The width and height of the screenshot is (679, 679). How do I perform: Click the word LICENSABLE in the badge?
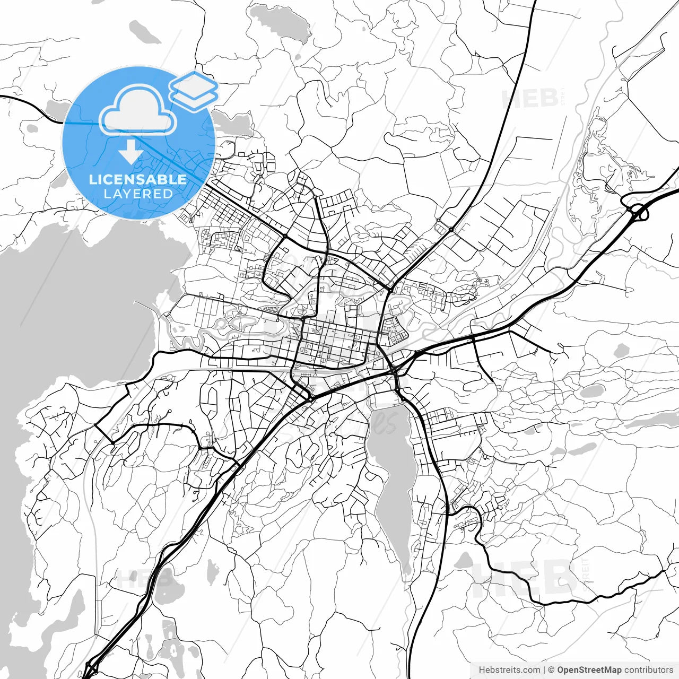coord(138,179)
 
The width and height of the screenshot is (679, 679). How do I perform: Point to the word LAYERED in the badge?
coord(138,194)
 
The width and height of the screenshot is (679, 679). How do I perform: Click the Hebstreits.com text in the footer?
coord(509,670)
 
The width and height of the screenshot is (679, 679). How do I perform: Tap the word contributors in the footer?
coord(648,670)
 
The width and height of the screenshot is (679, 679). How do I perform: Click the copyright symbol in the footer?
coord(551,670)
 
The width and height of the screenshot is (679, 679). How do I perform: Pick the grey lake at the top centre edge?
coord(280,22)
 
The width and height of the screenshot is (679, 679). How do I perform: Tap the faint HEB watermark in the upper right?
coord(530,98)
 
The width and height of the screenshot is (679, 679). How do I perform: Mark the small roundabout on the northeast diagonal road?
coord(451,230)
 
